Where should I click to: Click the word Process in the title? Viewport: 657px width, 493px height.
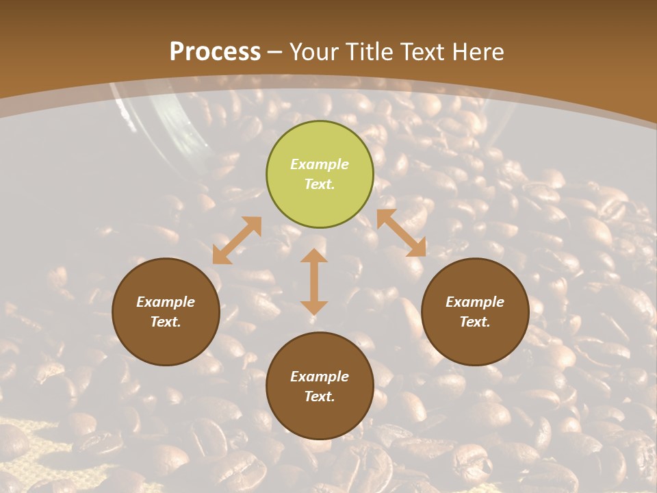(215, 52)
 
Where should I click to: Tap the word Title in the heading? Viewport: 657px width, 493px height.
(368, 52)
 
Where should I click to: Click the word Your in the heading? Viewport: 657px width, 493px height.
(315, 52)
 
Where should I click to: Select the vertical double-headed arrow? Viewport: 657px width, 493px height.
(313, 281)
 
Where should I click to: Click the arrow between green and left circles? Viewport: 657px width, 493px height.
(237, 240)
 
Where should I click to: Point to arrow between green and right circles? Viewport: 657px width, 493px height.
(401, 233)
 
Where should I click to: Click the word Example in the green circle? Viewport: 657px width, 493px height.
(320, 164)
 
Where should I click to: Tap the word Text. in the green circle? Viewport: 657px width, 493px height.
(320, 184)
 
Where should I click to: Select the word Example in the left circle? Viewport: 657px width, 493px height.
(166, 302)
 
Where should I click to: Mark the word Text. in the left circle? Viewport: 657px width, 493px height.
(166, 322)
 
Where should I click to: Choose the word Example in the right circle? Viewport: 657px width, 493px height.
(475, 302)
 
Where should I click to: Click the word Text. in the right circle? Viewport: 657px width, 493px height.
(475, 322)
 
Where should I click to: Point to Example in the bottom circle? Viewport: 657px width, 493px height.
(320, 377)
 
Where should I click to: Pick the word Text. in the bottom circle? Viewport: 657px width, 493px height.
(320, 396)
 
